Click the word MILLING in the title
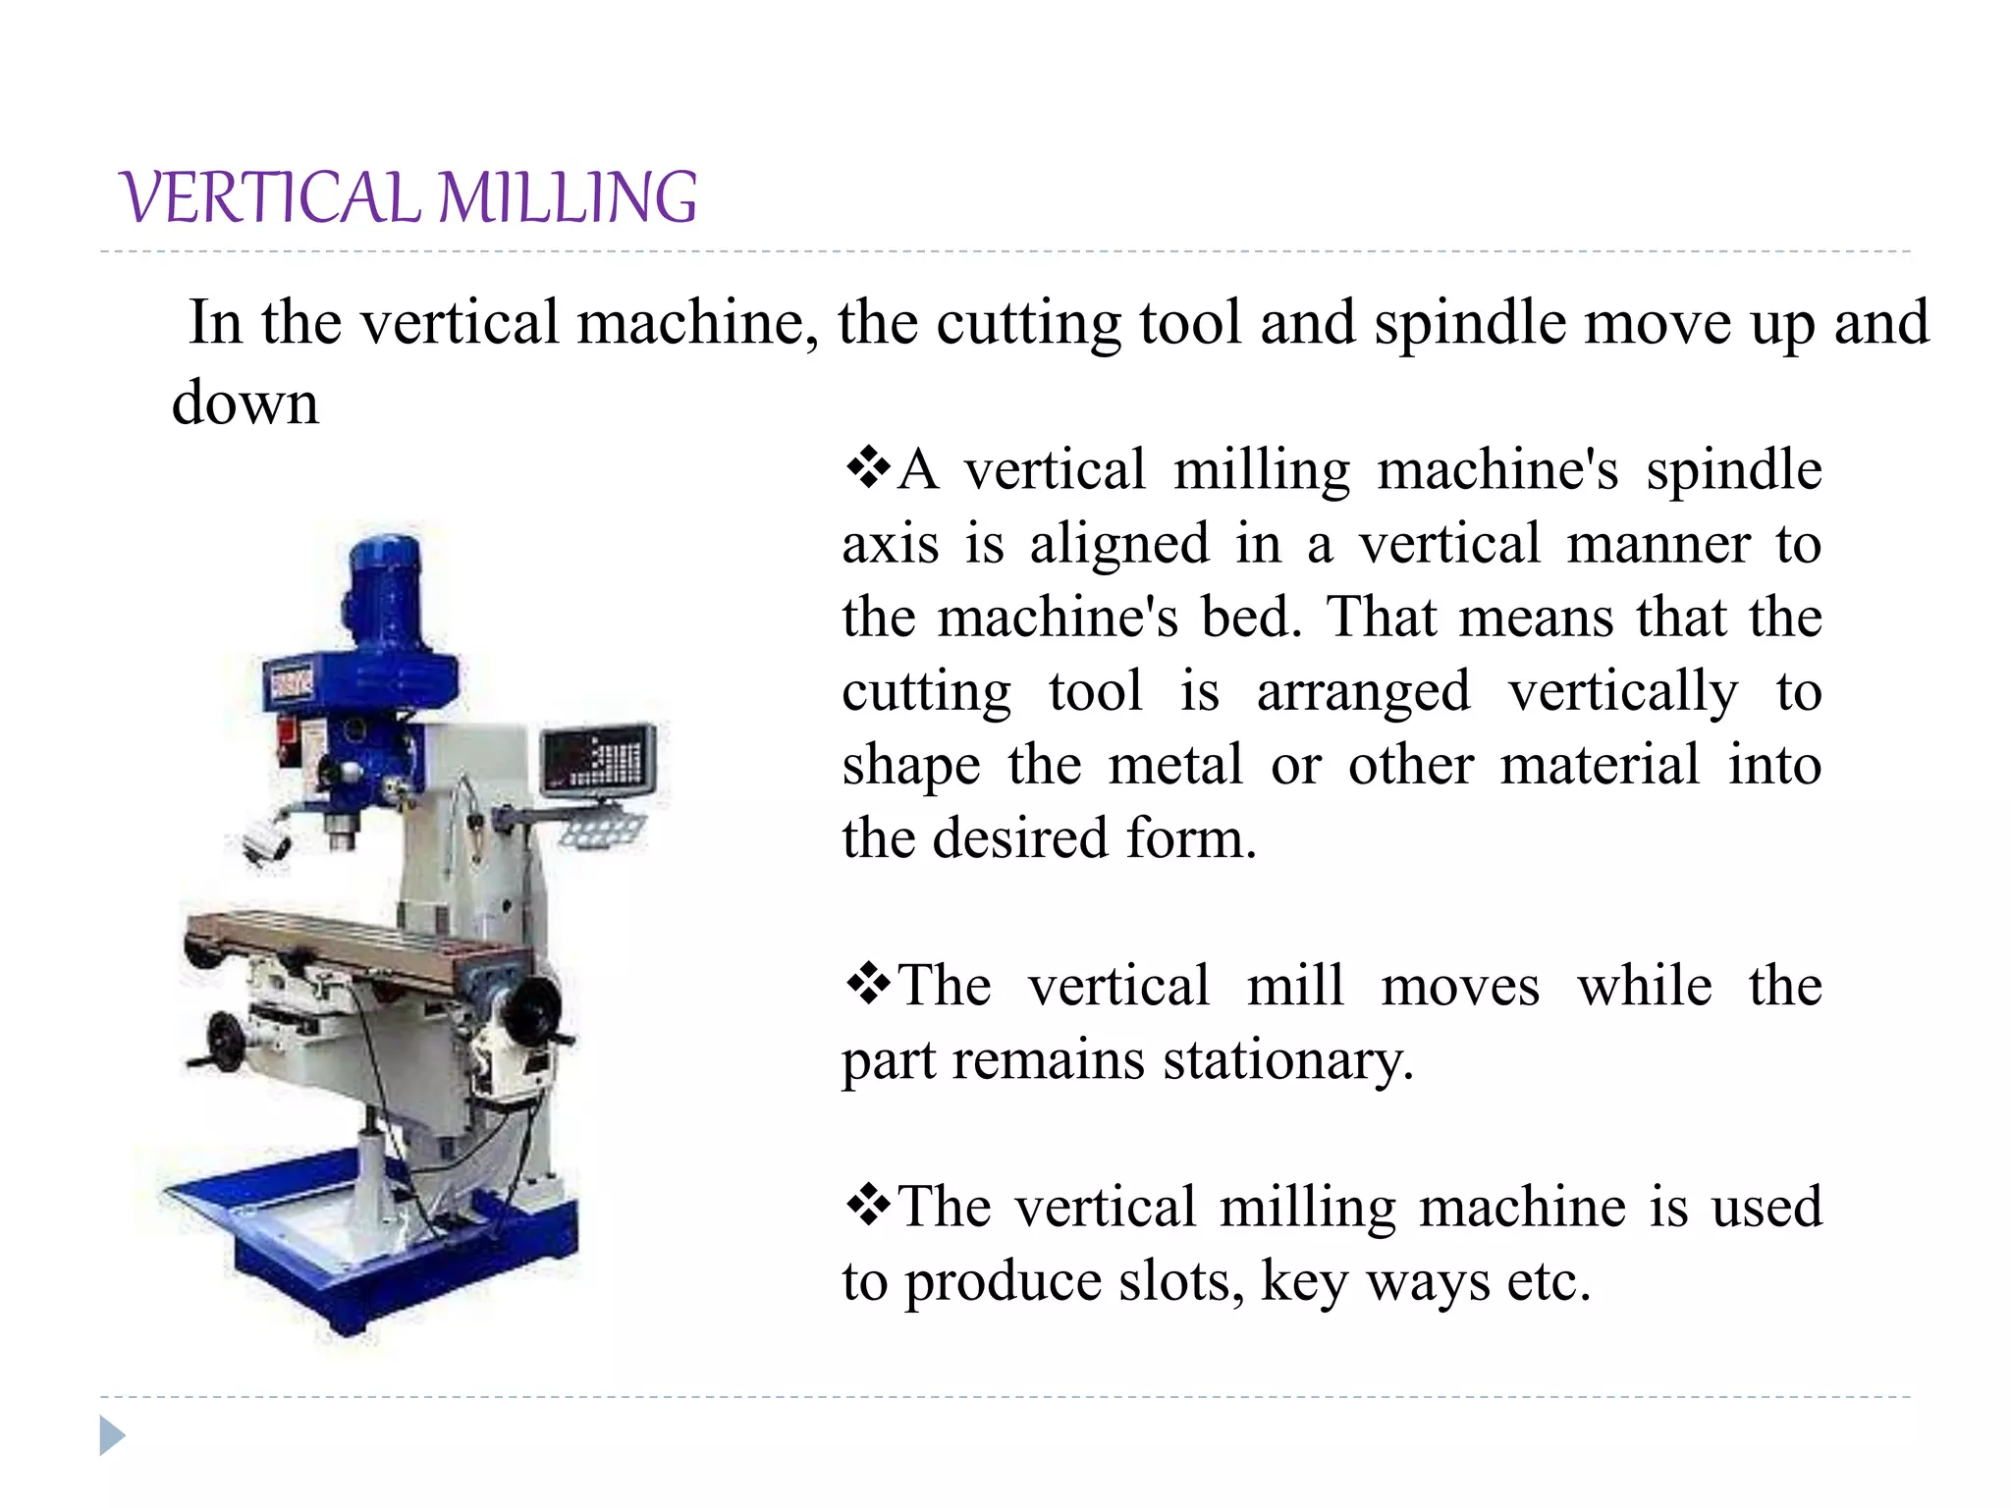(568, 197)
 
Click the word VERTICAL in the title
(271, 197)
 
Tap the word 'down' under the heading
(245, 403)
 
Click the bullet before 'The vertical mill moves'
(868, 985)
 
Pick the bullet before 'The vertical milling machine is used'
(868, 1206)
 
